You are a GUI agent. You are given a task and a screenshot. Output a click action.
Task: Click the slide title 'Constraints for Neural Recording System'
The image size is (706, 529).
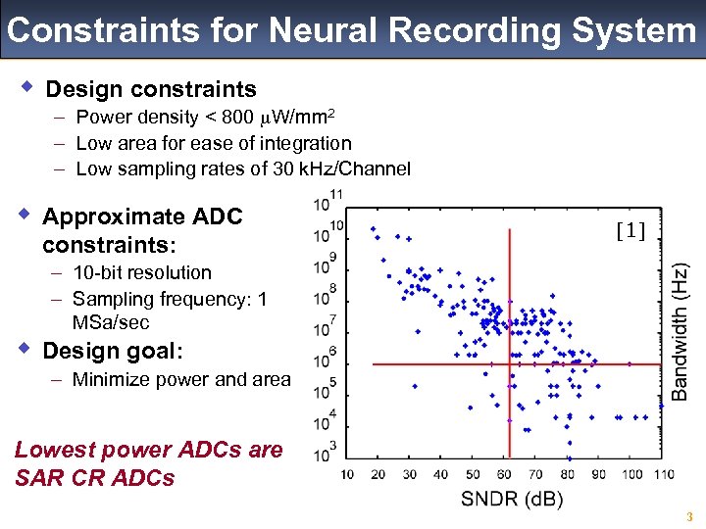point(351,30)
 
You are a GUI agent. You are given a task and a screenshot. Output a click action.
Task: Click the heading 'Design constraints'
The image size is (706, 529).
point(151,90)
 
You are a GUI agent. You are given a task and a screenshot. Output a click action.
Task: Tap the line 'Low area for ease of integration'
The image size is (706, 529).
point(213,143)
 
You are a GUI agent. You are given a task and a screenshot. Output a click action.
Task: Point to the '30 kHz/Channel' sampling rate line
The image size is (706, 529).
point(242,168)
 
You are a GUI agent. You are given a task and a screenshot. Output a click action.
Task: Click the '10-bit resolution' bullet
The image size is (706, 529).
point(141,272)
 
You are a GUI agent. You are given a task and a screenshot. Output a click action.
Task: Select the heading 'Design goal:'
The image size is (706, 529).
point(113,351)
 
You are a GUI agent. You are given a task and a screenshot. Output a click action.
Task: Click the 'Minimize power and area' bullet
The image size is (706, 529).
point(181,380)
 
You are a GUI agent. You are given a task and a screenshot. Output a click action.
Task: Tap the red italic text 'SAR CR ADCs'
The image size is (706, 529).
point(94,478)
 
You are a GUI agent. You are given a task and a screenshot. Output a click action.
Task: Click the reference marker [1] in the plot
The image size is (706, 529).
point(630,232)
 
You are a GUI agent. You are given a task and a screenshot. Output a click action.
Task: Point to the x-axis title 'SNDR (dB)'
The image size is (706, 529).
point(512,500)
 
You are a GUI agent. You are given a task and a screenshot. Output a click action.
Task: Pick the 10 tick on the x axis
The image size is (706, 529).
point(347,475)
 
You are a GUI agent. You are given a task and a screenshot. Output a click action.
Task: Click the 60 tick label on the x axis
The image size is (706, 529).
point(504,475)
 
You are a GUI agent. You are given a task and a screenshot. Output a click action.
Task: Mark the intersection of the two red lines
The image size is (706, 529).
point(509,364)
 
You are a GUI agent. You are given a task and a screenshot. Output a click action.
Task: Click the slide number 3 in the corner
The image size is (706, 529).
point(689,517)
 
